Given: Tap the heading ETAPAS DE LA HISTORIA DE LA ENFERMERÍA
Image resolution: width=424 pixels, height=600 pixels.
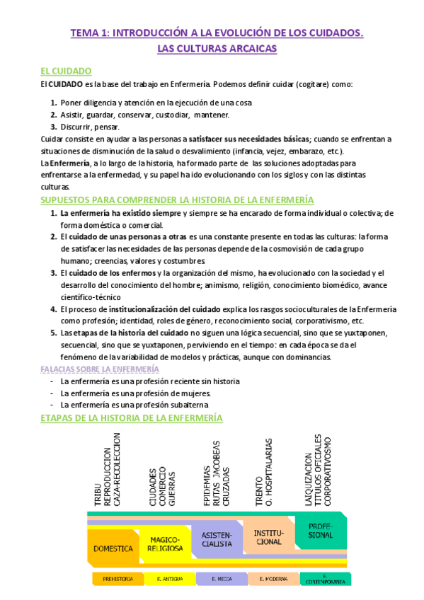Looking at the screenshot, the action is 131,418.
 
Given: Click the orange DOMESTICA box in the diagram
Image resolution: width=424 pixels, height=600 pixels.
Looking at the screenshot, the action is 114,548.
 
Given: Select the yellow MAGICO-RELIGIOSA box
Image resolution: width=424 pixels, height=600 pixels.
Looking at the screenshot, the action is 165,543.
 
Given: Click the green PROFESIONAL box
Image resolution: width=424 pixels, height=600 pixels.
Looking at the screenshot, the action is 320,531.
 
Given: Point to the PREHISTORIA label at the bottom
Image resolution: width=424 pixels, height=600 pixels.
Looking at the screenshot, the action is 118,579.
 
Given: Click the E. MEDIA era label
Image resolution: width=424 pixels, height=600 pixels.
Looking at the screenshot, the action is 221,579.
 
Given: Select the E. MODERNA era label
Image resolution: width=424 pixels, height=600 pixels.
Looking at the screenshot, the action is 273,579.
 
